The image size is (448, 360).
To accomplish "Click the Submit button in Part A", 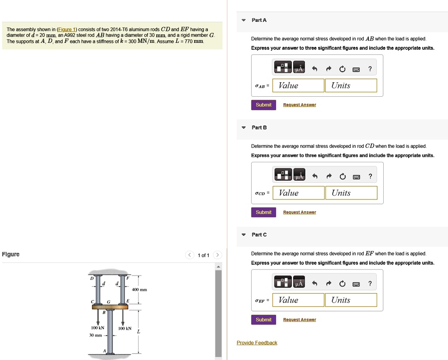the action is [263, 105].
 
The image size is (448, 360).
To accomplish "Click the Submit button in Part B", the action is [263, 212].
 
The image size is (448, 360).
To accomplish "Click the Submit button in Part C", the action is [263, 320].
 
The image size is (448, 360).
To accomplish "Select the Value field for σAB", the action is [298, 86].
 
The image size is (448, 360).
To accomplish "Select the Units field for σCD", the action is [351, 193].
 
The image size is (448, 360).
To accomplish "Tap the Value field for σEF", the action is [298, 300].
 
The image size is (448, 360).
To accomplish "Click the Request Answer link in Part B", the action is [299, 212].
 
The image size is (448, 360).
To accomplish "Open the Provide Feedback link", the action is [257, 343].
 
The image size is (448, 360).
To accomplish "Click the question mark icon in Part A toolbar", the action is [370, 69].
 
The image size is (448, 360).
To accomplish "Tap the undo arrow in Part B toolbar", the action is [314, 176].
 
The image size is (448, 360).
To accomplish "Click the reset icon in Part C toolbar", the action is [342, 284].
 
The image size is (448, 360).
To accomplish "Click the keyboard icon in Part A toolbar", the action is [356, 69].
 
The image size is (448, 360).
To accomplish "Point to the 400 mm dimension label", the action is [140, 290].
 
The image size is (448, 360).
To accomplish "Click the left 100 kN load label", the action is [97, 328].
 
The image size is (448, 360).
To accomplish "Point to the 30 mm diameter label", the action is [95, 336].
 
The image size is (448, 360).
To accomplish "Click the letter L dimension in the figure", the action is [139, 332].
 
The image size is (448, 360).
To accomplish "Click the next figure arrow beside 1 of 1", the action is [218, 255].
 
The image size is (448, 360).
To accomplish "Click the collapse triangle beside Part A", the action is [244, 21].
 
